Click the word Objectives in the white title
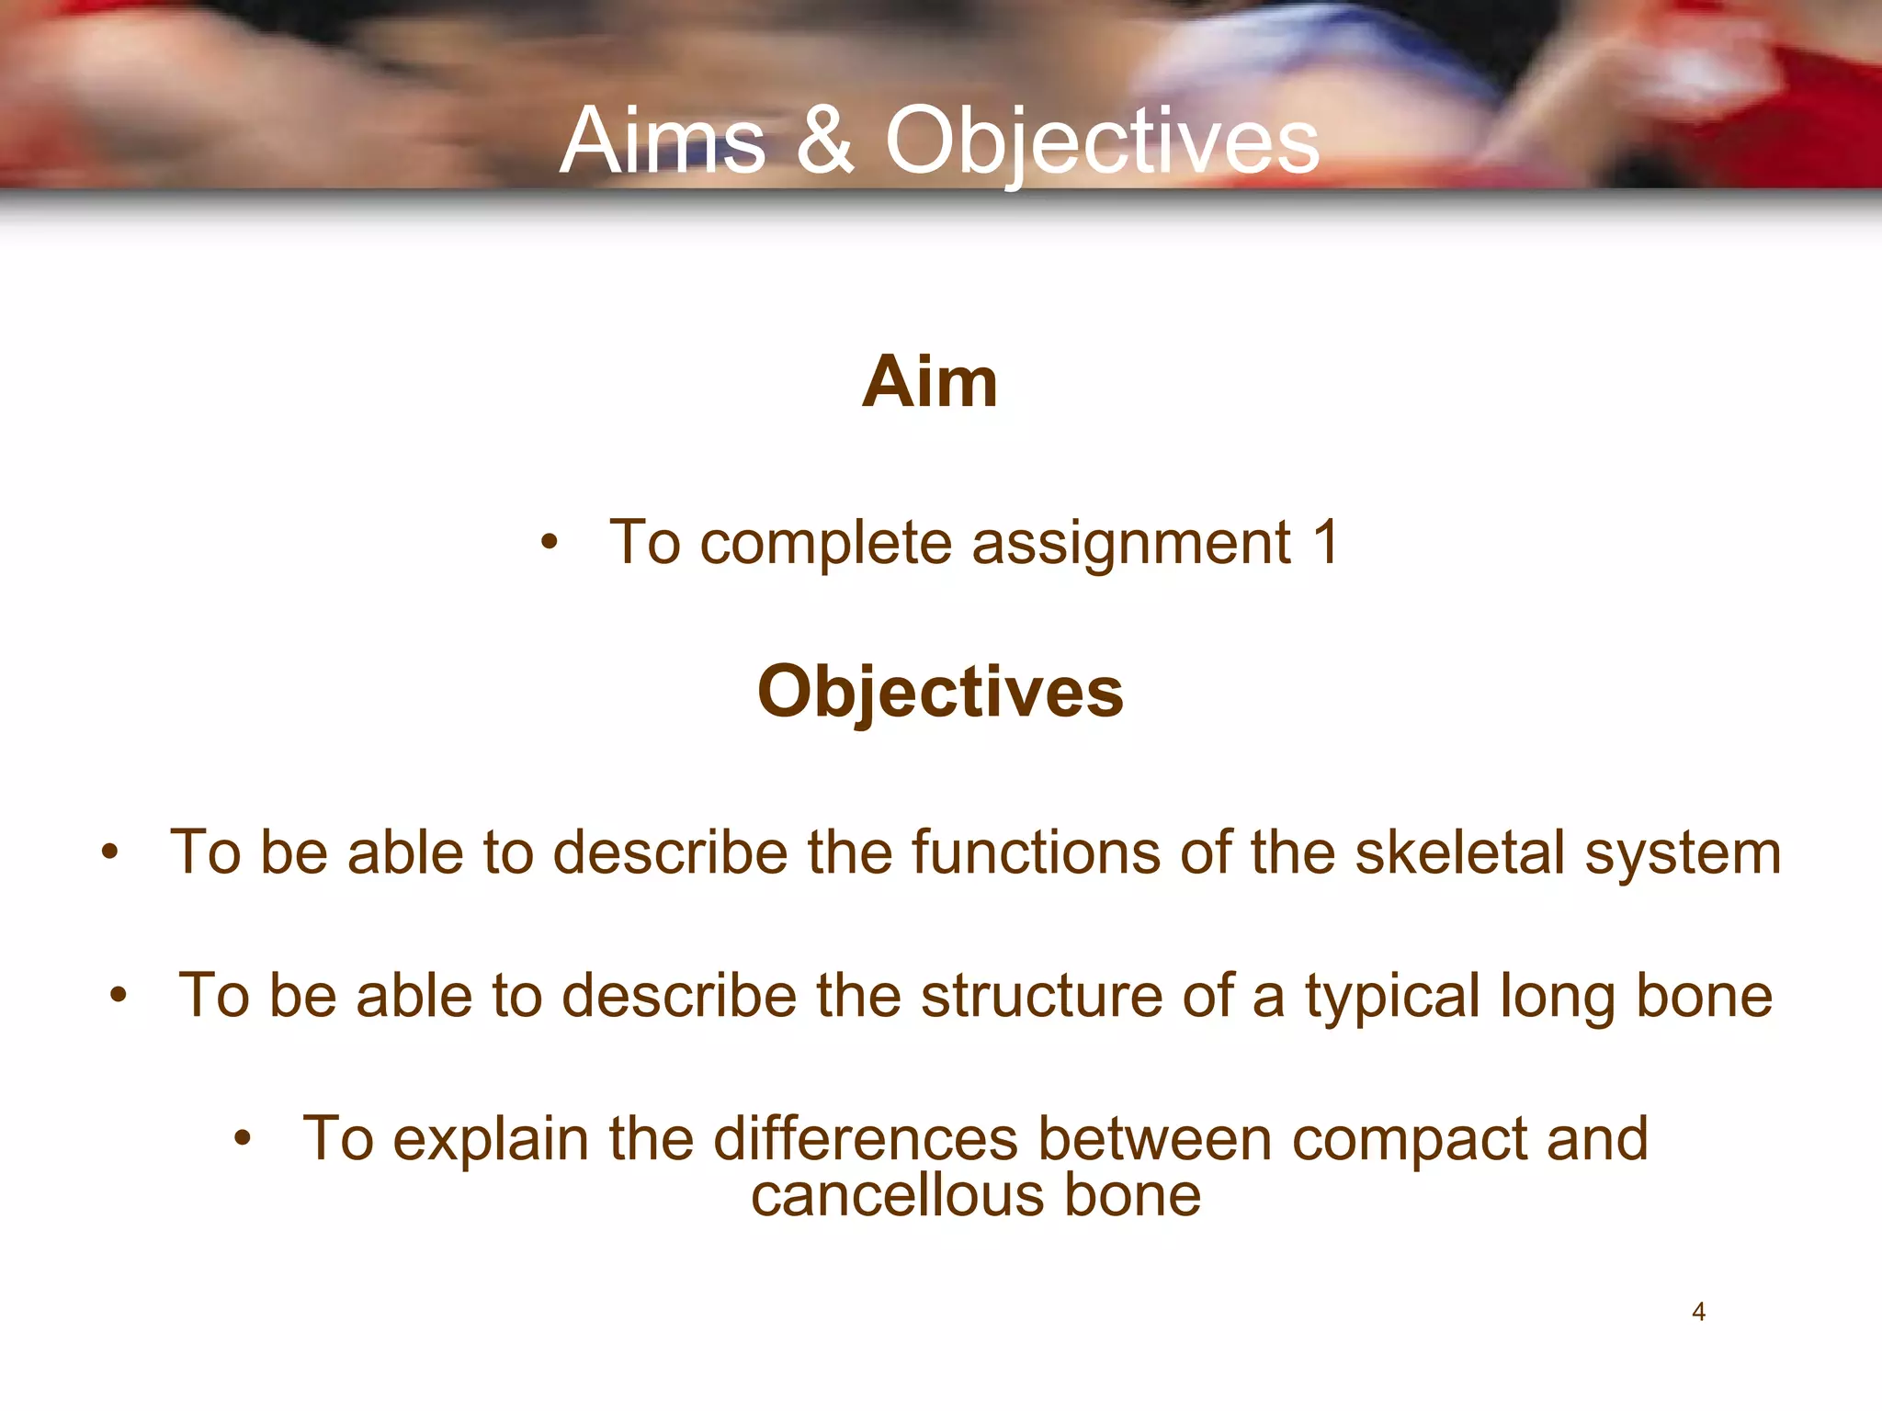point(1102,142)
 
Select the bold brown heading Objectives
point(940,692)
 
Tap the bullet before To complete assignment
point(549,543)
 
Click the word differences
point(866,1139)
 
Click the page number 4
point(1698,1312)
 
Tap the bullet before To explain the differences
point(242,1139)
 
